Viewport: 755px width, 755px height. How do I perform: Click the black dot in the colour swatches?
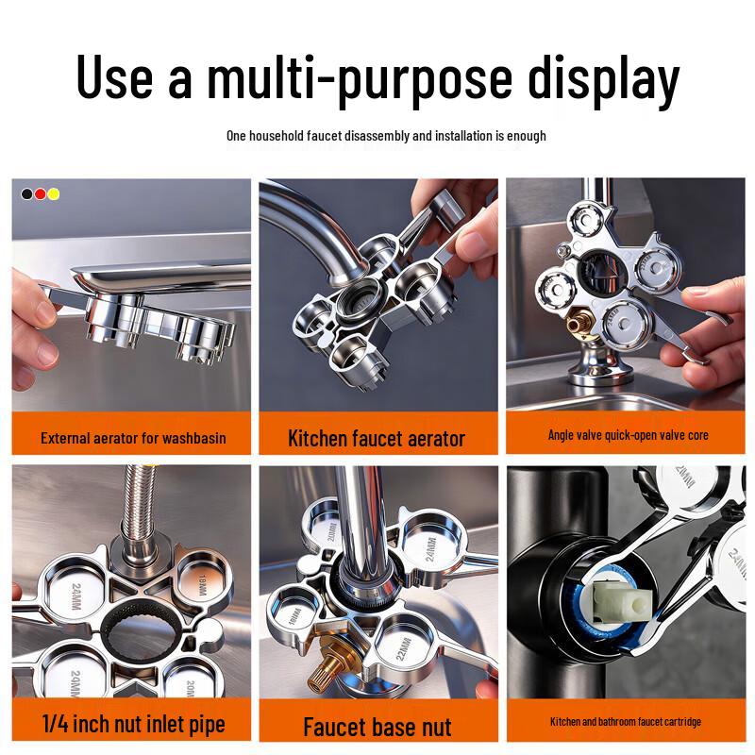[x=27, y=193]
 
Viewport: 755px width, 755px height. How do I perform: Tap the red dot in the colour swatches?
[x=41, y=193]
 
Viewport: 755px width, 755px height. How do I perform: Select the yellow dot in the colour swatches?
[x=54, y=193]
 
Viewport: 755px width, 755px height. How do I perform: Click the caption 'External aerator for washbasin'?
[x=133, y=438]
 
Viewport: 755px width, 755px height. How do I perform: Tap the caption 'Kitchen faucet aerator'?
[x=377, y=438]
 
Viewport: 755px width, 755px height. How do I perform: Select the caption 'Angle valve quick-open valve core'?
[x=628, y=435]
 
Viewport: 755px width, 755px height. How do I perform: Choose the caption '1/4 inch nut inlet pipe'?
[x=133, y=724]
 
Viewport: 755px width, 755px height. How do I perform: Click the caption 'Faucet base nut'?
[x=377, y=727]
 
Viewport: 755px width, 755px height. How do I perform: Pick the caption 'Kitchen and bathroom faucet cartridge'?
[x=626, y=722]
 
